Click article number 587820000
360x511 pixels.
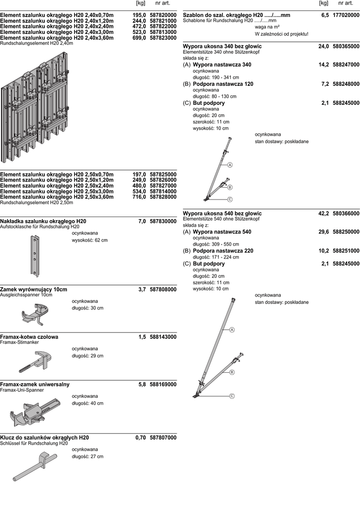click(163, 15)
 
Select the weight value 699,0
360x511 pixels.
click(139, 38)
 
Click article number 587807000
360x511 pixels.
click(163, 438)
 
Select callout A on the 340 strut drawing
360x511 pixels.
click(230, 165)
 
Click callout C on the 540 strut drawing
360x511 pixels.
click(232, 396)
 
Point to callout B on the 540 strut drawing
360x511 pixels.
click(232, 372)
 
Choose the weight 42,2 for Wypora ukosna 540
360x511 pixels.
click(324, 214)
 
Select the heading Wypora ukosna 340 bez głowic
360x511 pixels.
click(222, 46)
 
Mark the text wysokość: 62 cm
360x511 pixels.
click(89, 240)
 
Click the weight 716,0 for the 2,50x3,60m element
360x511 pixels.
click(139, 197)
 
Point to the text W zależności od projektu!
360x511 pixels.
click(281, 34)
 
